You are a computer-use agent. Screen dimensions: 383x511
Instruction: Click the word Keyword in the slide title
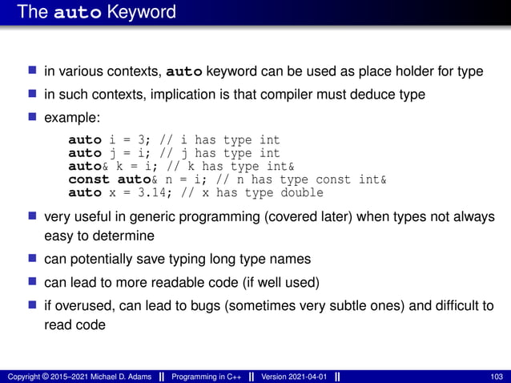pos(146,13)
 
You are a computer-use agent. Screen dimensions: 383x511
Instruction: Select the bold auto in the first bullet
pos(183,71)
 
